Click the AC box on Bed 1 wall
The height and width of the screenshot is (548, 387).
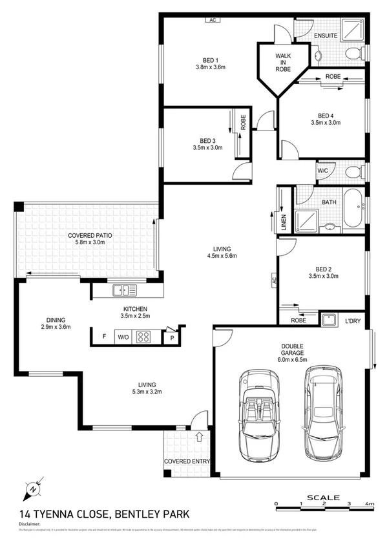tap(211, 20)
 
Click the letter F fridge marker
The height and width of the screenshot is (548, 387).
tap(104, 336)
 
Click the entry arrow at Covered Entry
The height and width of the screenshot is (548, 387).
tap(199, 437)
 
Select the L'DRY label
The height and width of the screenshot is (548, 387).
tap(353, 320)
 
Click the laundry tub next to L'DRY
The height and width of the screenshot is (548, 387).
tap(329, 318)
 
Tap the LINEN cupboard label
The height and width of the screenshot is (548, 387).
tap(283, 222)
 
